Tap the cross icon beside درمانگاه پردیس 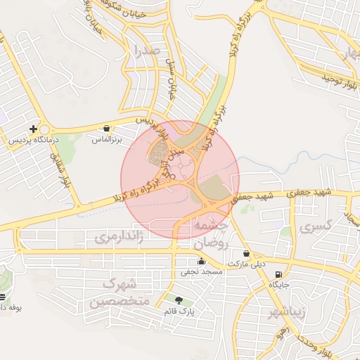click(x=33, y=129)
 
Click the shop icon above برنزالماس click(x=106, y=129)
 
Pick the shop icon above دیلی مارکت click(x=246, y=254)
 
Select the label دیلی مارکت click(x=249, y=264)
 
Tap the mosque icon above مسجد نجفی click(x=202, y=262)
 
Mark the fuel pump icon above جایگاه click(x=279, y=275)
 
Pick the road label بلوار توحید click(x=336, y=77)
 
